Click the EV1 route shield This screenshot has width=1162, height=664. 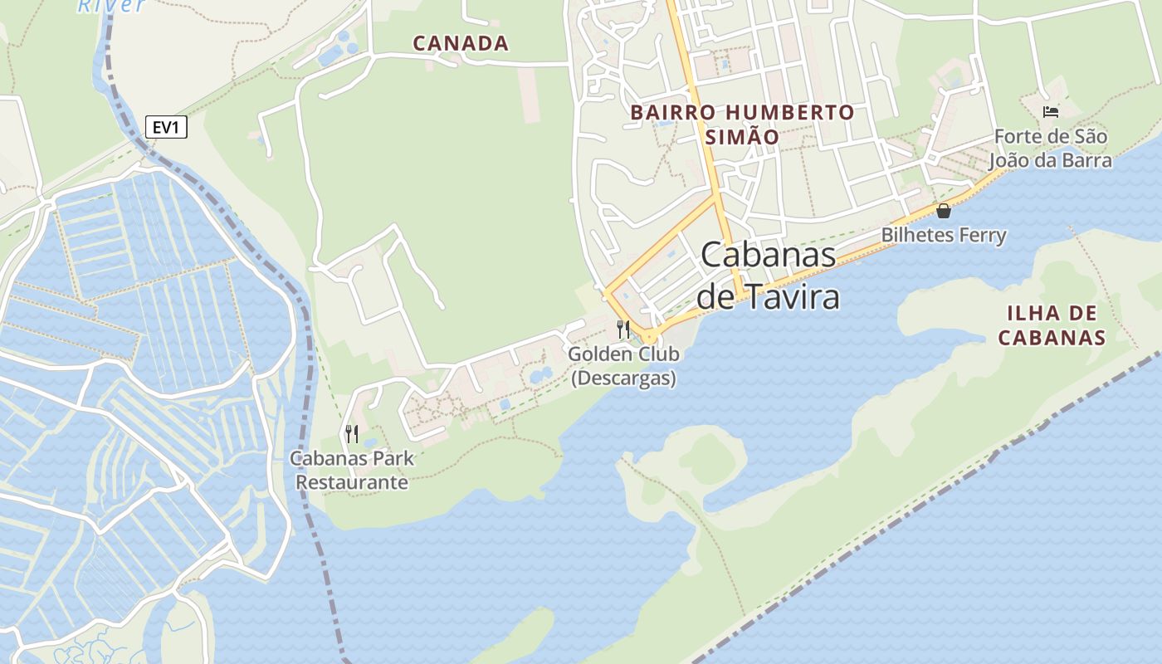point(166,127)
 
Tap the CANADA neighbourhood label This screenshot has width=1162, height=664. point(461,43)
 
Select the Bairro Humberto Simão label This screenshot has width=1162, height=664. point(742,124)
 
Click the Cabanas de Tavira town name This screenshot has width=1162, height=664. point(769,275)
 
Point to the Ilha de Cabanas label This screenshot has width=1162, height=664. point(1052,325)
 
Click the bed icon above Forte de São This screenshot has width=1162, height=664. point(1051,111)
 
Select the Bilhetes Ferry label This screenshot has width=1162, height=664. point(944,235)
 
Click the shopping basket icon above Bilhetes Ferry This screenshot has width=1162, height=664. point(944,211)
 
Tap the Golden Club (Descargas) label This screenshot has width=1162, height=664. point(623,366)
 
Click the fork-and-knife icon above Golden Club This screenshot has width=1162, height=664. point(623,329)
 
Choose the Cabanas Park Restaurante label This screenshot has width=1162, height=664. point(352,470)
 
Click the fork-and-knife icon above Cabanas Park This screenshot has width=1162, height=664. point(352,433)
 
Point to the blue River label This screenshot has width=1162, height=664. point(112,6)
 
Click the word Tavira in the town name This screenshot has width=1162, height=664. point(793,296)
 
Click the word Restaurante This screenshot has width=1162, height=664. point(352,482)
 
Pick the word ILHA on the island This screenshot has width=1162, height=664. point(1029,314)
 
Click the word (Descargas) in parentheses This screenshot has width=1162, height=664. point(623,378)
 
